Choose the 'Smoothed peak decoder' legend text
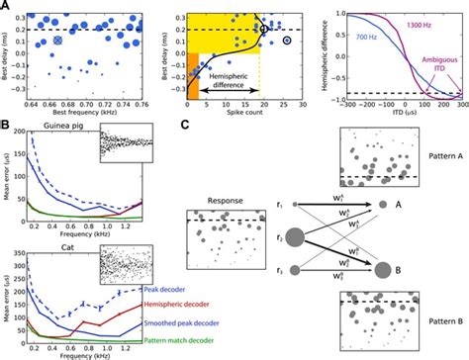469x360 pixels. (138, 321)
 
